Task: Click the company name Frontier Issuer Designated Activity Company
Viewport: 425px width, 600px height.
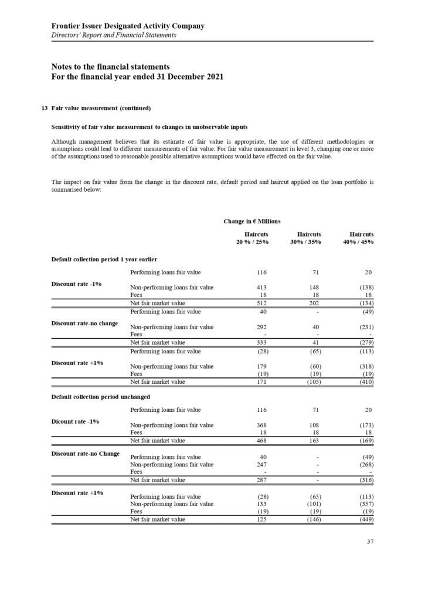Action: pyautogui.click(x=128, y=26)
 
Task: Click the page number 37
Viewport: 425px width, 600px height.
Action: pyautogui.click(x=369, y=541)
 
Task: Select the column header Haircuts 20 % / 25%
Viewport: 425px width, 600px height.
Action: pyautogui.click(x=256, y=237)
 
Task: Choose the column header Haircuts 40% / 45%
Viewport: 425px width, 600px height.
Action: pyautogui.click(x=361, y=237)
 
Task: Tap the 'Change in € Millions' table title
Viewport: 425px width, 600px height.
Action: pyautogui.click(x=252, y=221)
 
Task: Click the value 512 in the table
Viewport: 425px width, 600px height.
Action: pyautogui.click(x=262, y=303)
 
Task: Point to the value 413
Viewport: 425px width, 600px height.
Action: pyautogui.click(x=262, y=288)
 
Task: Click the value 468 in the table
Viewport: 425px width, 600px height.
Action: pyautogui.click(x=262, y=440)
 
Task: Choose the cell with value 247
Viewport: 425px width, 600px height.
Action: pyautogui.click(x=262, y=465)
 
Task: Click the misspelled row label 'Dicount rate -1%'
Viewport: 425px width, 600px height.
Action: pyautogui.click(x=75, y=420)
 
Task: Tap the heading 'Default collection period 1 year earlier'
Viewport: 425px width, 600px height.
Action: pyautogui.click(x=104, y=259)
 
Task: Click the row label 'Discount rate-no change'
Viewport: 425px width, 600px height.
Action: pyautogui.click(x=84, y=323)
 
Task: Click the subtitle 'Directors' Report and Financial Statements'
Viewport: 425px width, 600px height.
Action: pyautogui.click(x=114, y=35)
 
